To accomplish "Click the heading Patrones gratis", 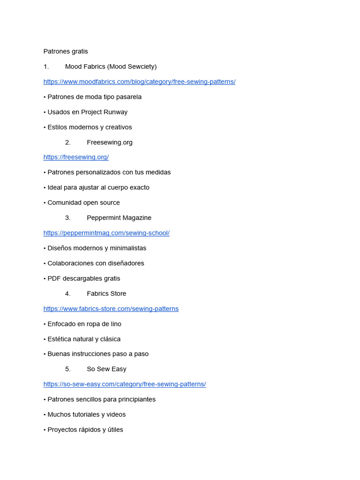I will point(66,52).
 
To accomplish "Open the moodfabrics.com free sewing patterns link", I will point(139,82).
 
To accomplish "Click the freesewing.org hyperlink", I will point(76,157).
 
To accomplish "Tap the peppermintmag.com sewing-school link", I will point(106,233).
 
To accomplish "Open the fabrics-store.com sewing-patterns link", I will point(111,309).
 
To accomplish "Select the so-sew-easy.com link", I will point(125,384).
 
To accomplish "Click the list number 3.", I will point(68,218).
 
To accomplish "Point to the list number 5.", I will point(68,369).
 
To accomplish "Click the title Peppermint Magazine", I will point(119,218).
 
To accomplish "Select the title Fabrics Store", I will point(106,294).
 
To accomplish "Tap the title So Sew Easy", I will point(106,369).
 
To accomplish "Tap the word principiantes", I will point(135,400).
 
